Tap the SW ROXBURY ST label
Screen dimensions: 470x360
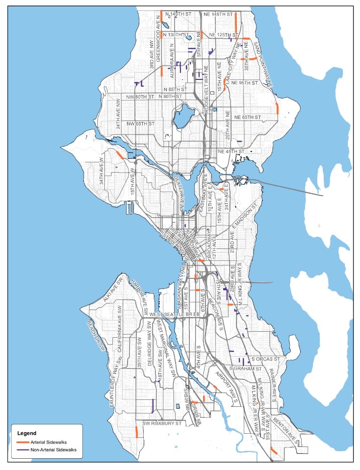pyautogui.click(x=162, y=423)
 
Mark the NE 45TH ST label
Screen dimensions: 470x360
pyautogui.click(x=231, y=151)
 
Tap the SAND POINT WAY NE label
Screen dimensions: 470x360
pyautogui.click(x=262, y=63)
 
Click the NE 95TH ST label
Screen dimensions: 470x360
pyautogui.click(x=245, y=83)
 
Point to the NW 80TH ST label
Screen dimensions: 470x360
pyautogui.click(x=137, y=97)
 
